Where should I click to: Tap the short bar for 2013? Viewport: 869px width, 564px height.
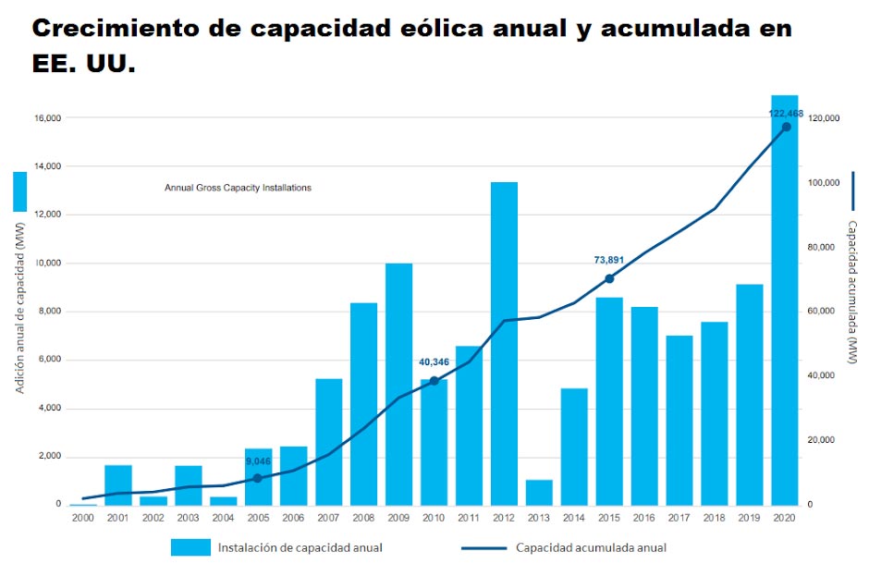539,493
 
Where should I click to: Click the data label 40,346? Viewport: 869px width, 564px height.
433,362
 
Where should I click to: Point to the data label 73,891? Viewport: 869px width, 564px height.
608,261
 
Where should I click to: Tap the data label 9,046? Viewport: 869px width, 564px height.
257,460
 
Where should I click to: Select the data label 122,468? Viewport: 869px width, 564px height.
786,113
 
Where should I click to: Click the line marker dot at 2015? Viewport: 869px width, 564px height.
609,278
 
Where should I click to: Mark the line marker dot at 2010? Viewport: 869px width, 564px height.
434,381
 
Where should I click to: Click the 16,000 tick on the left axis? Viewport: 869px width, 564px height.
46,118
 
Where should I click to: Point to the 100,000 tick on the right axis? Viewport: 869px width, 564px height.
823,183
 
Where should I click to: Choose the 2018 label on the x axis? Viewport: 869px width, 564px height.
715,518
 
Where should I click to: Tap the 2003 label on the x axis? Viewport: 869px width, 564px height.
188,518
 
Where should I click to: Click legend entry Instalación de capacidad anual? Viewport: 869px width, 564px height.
300,547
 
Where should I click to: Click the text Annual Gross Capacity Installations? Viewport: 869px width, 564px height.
238,188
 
